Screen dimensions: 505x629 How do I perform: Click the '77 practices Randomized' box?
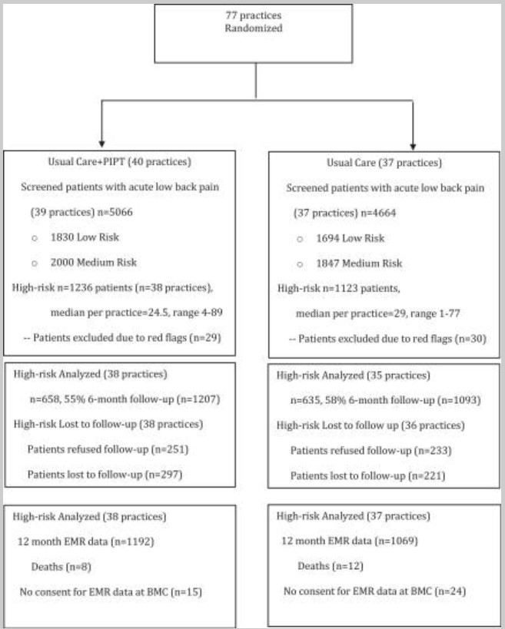tap(254, 34)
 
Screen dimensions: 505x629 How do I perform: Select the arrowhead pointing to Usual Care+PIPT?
tap(102, 143)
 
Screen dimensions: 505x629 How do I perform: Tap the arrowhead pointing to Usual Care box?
tap(413, 147)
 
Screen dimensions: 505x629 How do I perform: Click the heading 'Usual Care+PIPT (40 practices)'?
tap(120, 161)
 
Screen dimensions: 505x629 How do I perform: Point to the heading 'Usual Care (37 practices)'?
tap(384, 163)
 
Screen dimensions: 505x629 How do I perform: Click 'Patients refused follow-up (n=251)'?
tap(108, 449)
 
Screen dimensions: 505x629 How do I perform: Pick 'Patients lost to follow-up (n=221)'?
tap(367, 475)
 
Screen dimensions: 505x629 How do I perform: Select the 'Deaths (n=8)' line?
tap(61, 567)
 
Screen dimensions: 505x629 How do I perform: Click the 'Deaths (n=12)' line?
tap(331, 566)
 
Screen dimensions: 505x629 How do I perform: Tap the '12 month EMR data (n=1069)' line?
tap(350, 541)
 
